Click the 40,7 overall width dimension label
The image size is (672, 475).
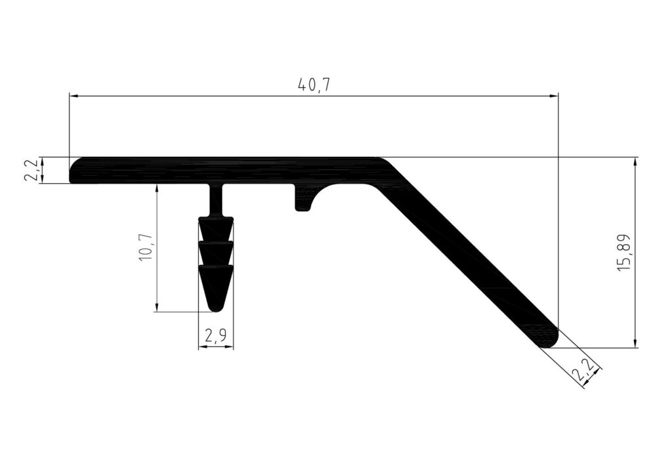(314, 85)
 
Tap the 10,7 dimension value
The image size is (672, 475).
(146, 247)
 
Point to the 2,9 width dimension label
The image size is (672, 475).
(215, 336)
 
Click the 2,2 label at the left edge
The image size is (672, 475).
(34, 170)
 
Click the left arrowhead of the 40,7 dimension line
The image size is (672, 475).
(73, 96)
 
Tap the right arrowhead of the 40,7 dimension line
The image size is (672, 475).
(554, 96)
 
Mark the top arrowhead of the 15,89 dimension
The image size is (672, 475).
(635, 161)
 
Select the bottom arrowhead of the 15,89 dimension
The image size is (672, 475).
(635, 343)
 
